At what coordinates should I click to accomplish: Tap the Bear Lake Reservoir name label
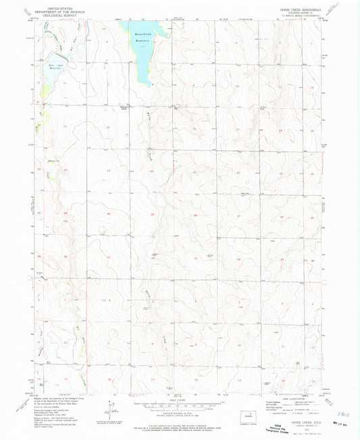tap(56, 66)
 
